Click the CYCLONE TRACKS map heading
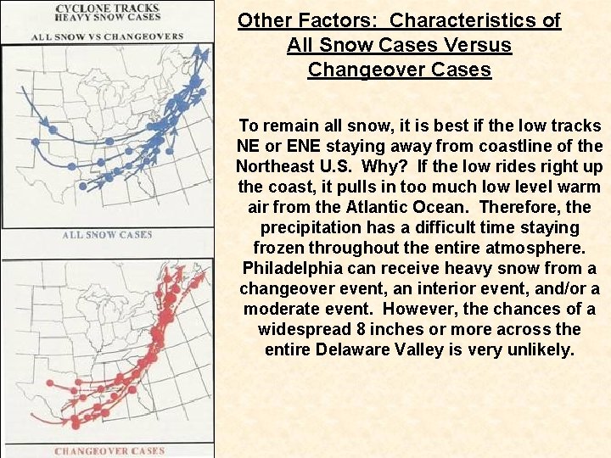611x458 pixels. tap(107, 8)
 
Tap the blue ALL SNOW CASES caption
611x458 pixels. tap(107, 235)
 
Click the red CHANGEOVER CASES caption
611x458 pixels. tap(109, 450)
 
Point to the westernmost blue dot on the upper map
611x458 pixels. tap(36, 142)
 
